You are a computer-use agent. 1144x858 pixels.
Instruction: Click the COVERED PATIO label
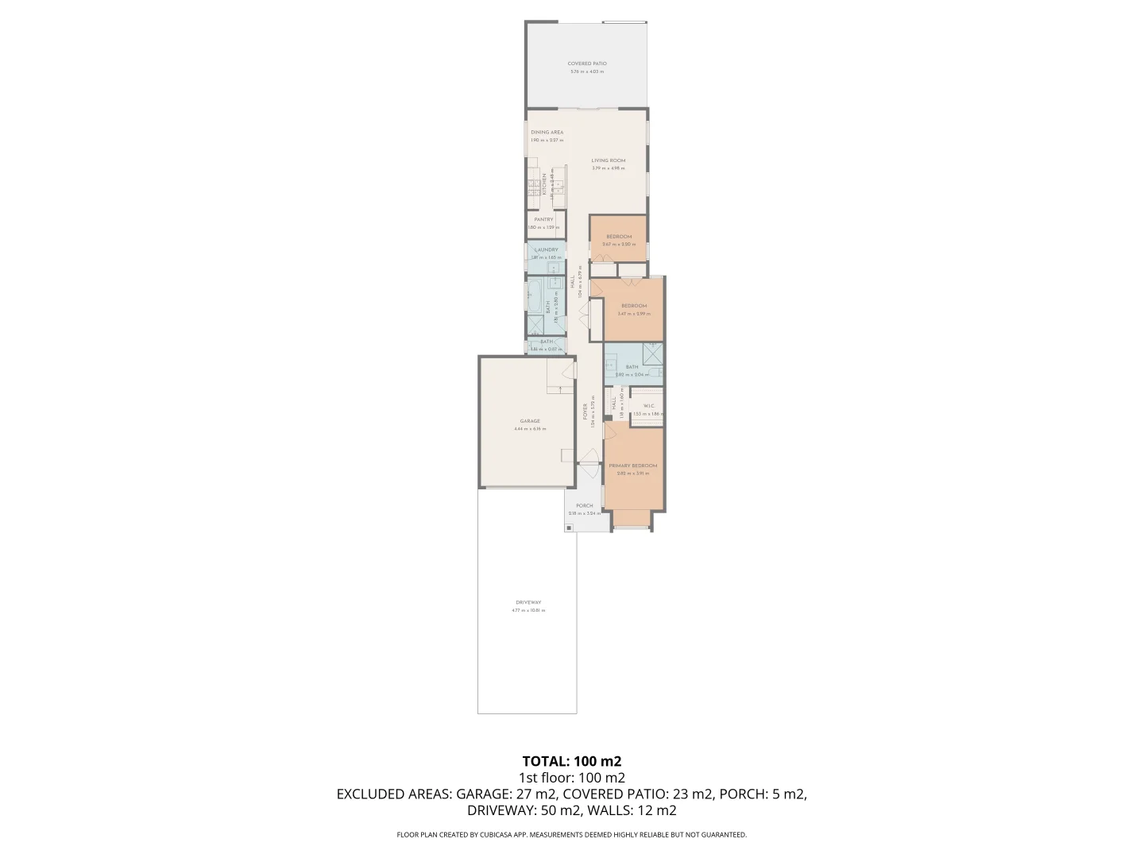click(x=586, y=64)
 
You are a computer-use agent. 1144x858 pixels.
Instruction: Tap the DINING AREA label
click(x=547, y=133)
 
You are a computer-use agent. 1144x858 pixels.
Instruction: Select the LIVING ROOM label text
click(x=608, y=160)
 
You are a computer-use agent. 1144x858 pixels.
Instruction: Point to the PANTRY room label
click(x=543, y=220)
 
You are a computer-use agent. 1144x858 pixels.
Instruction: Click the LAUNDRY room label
click(x=546, y=250)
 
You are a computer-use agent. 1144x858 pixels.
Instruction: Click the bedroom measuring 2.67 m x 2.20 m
click(x=618, y=238)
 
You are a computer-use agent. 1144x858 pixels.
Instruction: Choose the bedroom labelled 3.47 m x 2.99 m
click(x=633, y=307)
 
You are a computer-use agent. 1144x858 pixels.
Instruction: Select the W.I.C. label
click(x=648, y=406)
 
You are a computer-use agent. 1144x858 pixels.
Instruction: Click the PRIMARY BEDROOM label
click(x=632, y=466)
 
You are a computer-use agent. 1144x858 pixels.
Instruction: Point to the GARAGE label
click(x=529, y=422)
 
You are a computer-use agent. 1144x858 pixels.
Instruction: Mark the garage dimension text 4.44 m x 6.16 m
click(x=529, y=430)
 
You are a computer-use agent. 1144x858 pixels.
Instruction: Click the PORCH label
click(x=584, y=506)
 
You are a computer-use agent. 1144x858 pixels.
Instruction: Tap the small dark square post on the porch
click(x=569, y=528)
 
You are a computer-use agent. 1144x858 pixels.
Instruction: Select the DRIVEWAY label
click(x=528, y=603)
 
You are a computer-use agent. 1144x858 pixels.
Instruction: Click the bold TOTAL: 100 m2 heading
click(x=571, y=761)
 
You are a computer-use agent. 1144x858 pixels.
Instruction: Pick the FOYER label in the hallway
click(x=586, y=412)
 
